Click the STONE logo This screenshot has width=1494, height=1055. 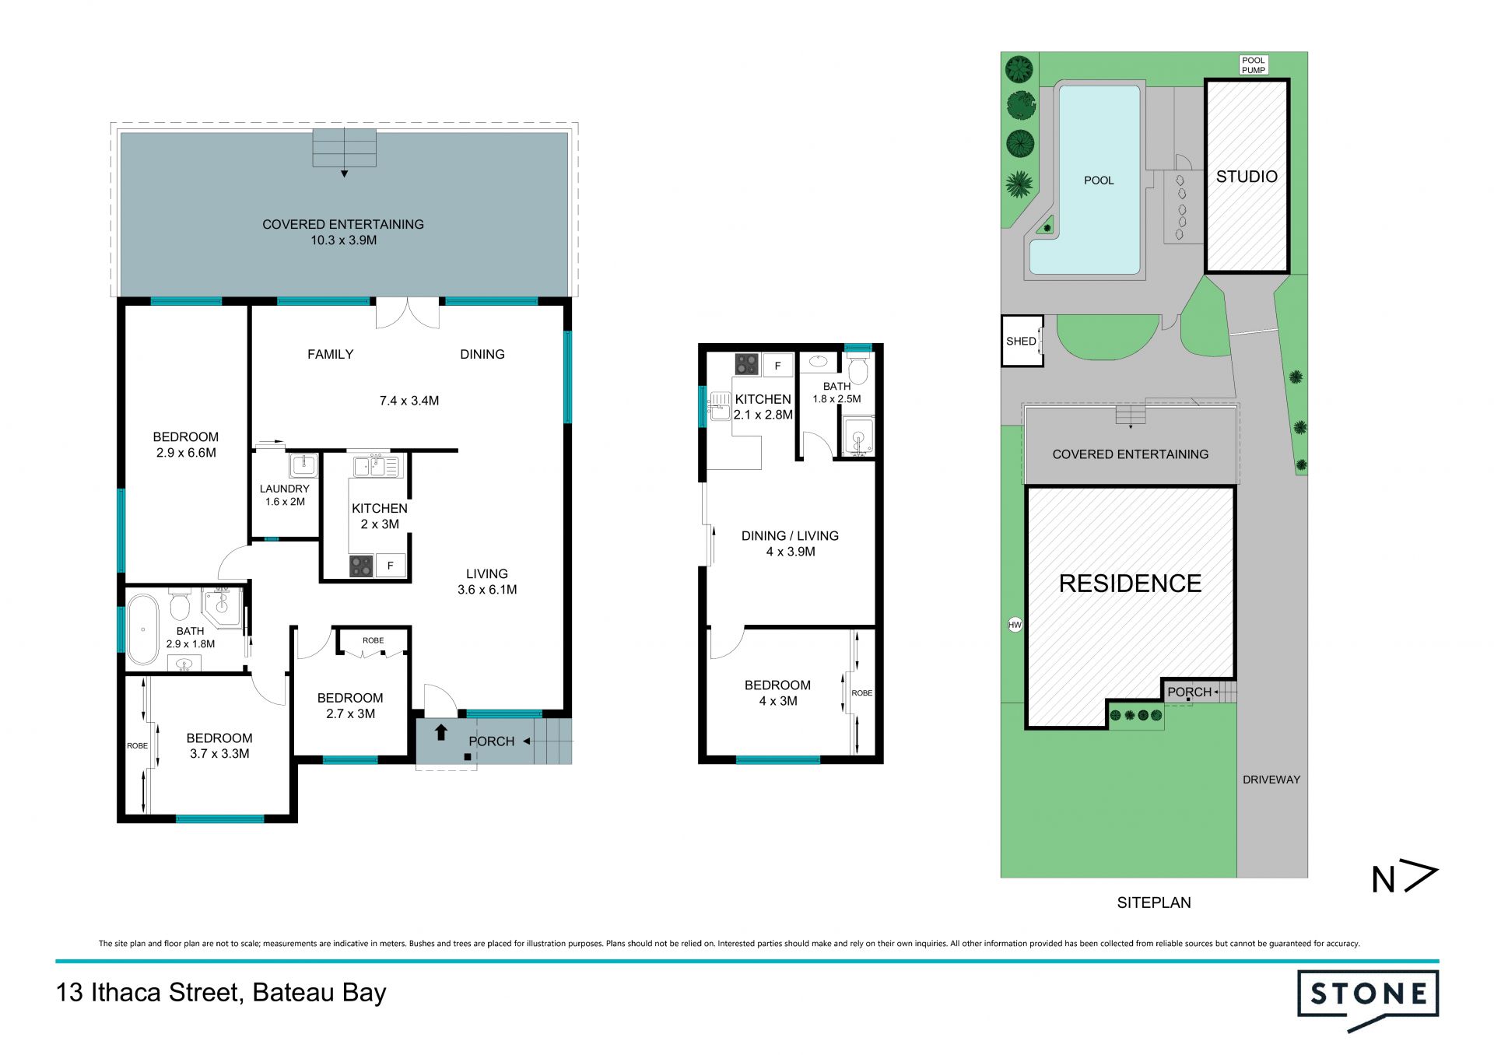(1368, 998)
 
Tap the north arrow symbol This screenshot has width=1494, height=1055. (1405, 878)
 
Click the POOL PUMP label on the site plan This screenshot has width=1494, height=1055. (1254, 65)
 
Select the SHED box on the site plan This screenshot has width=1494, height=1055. (1022, 341)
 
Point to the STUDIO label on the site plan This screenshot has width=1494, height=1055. (1247, 177)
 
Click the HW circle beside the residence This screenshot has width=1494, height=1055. (1015, 625)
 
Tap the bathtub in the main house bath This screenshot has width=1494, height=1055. (142, 629)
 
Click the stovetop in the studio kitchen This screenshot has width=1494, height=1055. (746, 364)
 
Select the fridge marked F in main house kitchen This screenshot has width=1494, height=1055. (391, 566)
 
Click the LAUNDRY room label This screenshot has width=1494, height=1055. (285, 489)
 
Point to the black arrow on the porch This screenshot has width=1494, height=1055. (441, 732)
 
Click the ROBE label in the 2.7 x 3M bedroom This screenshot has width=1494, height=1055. (373, 640)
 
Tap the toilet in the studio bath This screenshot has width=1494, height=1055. (857, 370)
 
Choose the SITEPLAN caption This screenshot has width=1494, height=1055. (1154, 903)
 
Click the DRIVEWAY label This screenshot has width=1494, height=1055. (1271, 780)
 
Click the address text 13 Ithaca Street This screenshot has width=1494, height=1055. (148, 993)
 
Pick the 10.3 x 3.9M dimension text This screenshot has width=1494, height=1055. (344, 240)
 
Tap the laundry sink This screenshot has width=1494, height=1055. (303, 466)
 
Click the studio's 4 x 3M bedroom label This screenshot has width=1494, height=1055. (778, 693)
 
